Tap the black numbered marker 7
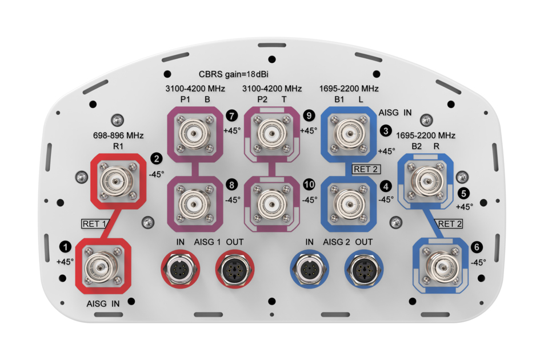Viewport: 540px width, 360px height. [x=231, y=115]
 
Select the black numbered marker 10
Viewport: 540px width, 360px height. [x=309, y=185]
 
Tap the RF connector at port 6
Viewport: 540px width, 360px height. [x=442, y=266]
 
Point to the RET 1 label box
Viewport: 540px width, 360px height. [x=95, y=223]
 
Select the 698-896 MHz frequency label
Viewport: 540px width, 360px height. [x=118, y=136]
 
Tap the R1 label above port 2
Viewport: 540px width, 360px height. [x=118, y=147]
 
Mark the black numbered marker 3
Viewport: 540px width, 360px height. [x=386, y=131]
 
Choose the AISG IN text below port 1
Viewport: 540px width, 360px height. [x=103, y=303]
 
